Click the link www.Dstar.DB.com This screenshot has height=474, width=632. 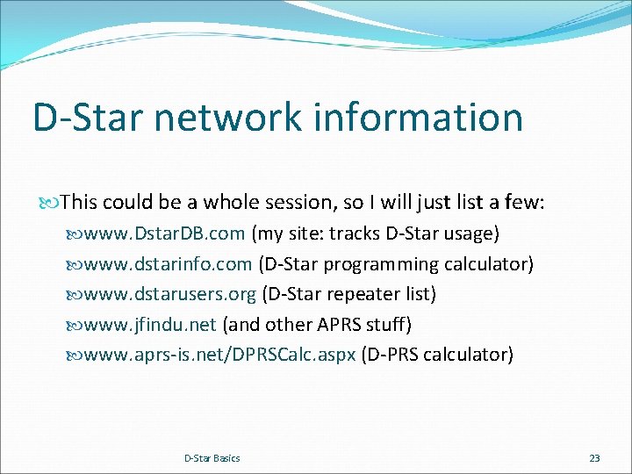[164, 233]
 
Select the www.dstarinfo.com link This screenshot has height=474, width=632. [169, 263]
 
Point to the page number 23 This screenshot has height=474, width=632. [594, 458]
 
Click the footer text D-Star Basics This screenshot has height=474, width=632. [212, 458]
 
